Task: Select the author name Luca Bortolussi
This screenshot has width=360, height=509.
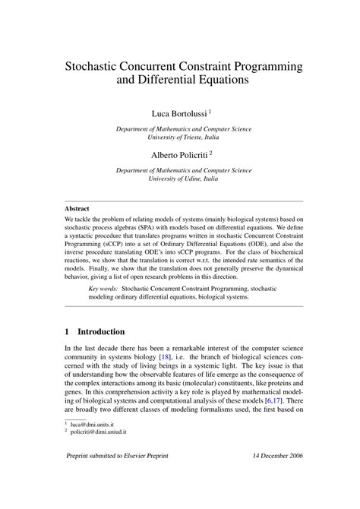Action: [179, 113]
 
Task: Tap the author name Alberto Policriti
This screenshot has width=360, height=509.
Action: [179, 154]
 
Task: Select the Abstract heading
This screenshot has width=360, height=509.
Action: [77, 208]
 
